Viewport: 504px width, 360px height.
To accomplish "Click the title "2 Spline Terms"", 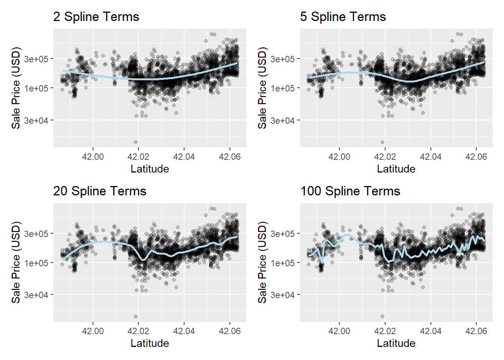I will pos(96,17).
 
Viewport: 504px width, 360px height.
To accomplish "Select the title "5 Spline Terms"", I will pos(343,17).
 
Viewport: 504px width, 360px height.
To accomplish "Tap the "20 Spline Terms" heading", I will pos(99,191).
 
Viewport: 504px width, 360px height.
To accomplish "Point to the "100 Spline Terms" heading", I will pos(350,191).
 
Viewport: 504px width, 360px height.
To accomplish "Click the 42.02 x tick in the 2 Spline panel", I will pos(138,157).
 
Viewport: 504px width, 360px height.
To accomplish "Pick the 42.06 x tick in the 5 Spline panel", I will pos(476,157).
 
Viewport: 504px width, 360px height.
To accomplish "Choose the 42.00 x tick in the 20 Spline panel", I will pos(93,331).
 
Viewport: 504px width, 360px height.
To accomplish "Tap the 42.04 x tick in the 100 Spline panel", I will pos(430,331).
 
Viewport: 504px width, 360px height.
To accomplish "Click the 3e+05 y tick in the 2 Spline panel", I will pos(36,59).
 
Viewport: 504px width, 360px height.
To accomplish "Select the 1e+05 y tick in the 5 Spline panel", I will pos(282,88).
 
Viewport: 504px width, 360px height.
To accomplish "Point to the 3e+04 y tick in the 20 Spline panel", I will pos(36,295).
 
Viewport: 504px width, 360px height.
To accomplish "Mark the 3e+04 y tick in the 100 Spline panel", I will pos(282,295).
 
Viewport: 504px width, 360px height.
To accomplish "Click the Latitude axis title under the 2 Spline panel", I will pos(150,169).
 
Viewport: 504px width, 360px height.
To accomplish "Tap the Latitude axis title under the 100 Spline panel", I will pos(396,343).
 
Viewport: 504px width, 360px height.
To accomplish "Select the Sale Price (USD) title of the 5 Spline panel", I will pos(262,88).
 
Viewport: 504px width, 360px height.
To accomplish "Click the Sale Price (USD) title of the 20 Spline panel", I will pos(16,262).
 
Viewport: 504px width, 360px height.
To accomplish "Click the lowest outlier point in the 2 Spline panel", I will pos(136,142).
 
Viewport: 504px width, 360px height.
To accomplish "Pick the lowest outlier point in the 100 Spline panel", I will pos(382,316).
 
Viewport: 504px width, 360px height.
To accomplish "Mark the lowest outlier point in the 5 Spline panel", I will pos(382,142).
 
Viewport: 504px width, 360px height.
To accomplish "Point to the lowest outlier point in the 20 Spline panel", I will pos(136,316).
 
